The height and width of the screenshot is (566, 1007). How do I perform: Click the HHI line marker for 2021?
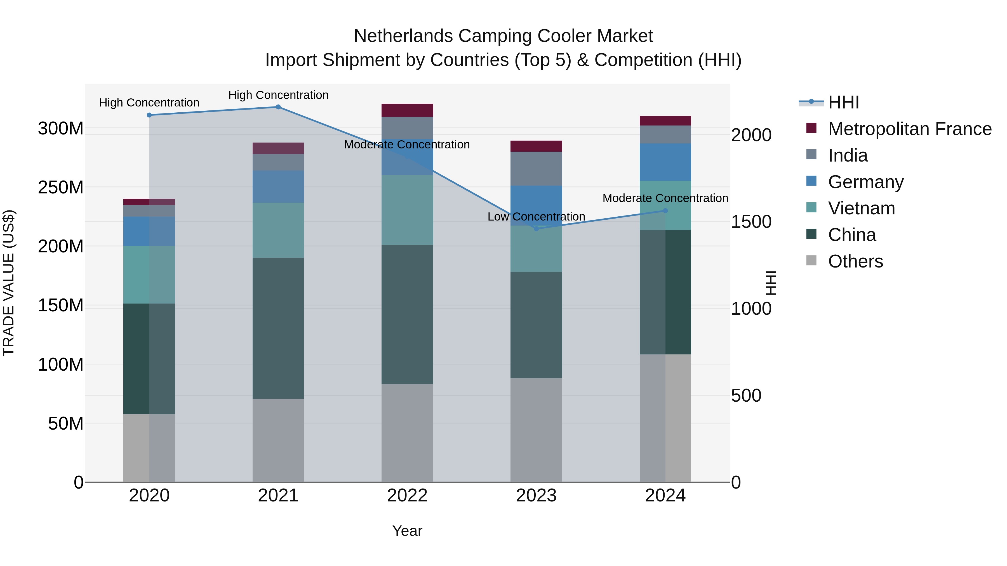pos(278,107)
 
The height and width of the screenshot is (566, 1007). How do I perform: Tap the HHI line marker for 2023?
pos(536,229)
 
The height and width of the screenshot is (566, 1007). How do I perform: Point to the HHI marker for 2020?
pos(149,115)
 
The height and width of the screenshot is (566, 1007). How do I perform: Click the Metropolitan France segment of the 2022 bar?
pos(407,110)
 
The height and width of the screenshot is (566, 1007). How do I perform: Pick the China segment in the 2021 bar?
pos(278,328)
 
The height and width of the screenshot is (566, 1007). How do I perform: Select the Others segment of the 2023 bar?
pos(536,430)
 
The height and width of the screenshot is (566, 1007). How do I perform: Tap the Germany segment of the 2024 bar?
pos(665,162)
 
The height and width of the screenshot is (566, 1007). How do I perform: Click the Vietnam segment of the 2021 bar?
pos(278,230)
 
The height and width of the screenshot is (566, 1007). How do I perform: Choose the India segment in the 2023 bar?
pos(536,169)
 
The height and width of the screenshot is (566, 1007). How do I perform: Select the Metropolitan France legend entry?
pos(909,129)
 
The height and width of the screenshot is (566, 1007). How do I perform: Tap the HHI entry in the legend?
pos(843,102)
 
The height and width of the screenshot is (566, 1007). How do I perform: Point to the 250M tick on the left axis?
pos(61,188)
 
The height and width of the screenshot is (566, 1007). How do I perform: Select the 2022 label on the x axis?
pos(407,496)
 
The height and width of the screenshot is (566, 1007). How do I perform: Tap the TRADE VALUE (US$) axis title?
pos(9,283)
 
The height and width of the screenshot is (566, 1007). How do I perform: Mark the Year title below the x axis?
pos(407,531)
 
